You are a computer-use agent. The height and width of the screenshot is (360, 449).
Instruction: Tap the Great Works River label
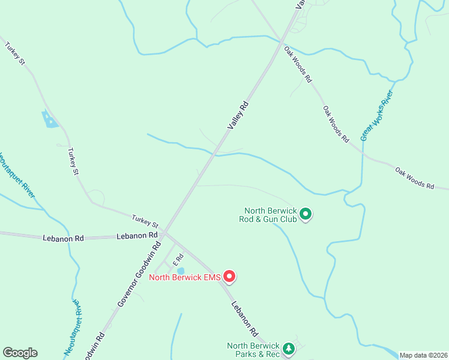click(x=376, y=116)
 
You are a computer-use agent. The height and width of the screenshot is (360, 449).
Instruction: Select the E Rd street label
click(x=178, y=259)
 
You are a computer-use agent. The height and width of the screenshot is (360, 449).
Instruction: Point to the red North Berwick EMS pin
click(x=229, y=276)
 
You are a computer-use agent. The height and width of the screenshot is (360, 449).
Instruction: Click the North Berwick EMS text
click(x=184, y=277)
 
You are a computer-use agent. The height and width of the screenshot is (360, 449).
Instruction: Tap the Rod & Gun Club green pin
click(x=306, y=214)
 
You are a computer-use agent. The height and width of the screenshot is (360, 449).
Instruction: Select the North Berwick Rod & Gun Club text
click(x=271, y=215)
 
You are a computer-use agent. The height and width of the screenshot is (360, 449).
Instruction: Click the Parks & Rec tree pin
click(x=289, y=349)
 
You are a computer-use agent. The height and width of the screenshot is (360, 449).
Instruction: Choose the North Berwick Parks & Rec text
click(x=253, y=350)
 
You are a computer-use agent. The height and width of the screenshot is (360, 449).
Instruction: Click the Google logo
click(x=20, y=353)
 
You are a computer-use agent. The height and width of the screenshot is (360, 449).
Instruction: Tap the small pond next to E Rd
click(x=181, y=271)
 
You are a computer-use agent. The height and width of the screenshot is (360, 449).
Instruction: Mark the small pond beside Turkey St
click(x=49, y=119)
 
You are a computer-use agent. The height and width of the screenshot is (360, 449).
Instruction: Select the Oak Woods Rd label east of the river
click(x=414, y=178)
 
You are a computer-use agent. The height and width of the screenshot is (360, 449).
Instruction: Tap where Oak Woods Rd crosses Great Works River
click(x=363, y=154)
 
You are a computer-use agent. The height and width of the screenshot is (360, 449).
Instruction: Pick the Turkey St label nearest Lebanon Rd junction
click(x=145, y=221)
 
